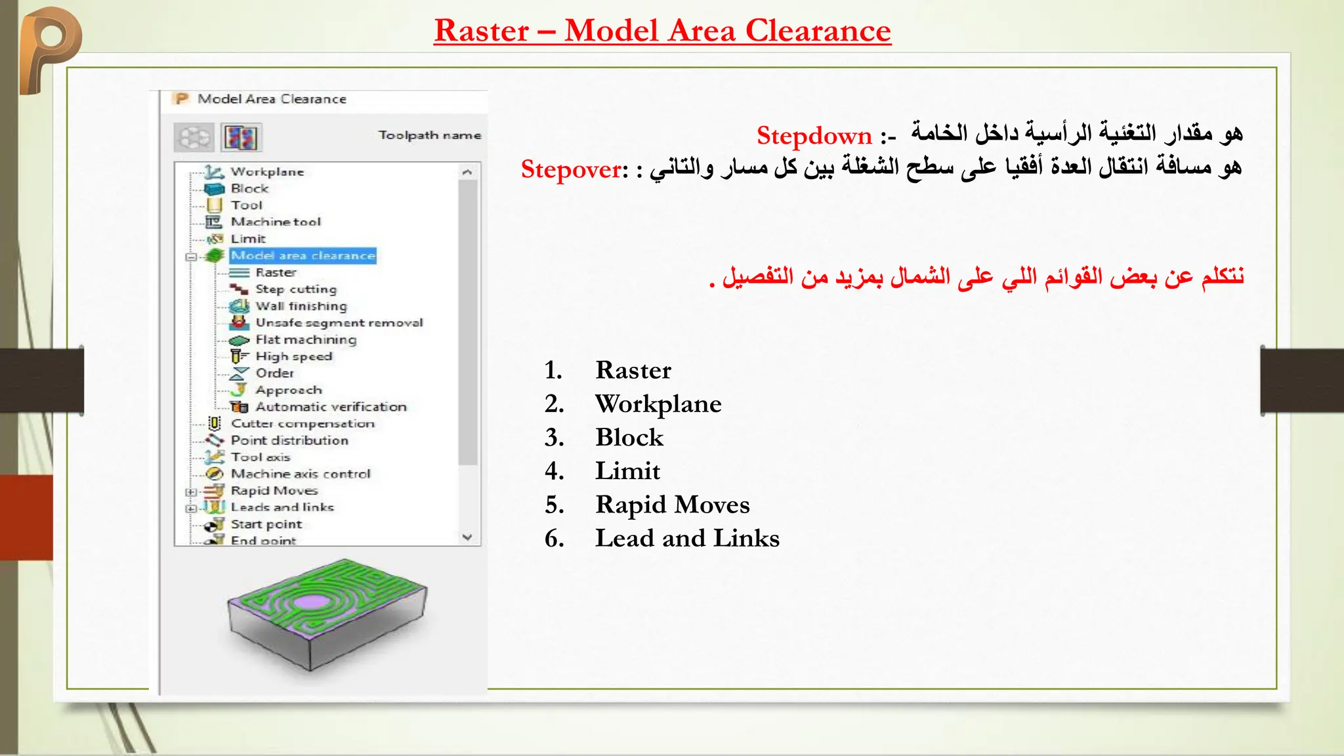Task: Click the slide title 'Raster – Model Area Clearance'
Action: (x=662, y=31)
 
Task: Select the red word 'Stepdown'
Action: (x=814, y=136)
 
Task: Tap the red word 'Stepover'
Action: (x=571, y=169)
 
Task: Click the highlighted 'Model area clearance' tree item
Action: (x=303, y=255)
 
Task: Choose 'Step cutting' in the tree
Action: (x=295, y=289)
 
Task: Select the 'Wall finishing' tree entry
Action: (x=301, y=306)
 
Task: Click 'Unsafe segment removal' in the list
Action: (x=339, y=323)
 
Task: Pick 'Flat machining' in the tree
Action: (x=306, y=340)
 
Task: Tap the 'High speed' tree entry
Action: (x=293, y=356)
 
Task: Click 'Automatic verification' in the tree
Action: (x=331, y=407)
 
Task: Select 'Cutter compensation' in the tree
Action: (x=303, y=424)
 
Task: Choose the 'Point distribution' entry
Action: (x=289, y=440)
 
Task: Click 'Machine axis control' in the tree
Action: (x=301, y=474)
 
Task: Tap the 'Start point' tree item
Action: (x=266, y=524)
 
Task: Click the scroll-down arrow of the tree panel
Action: (x=467, y=537)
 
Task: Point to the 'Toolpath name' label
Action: (x=429, y=135)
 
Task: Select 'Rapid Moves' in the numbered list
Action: (x=672, y=505)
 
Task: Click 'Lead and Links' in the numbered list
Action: (x=687, y=538)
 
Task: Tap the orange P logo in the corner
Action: (x=49, y=46)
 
